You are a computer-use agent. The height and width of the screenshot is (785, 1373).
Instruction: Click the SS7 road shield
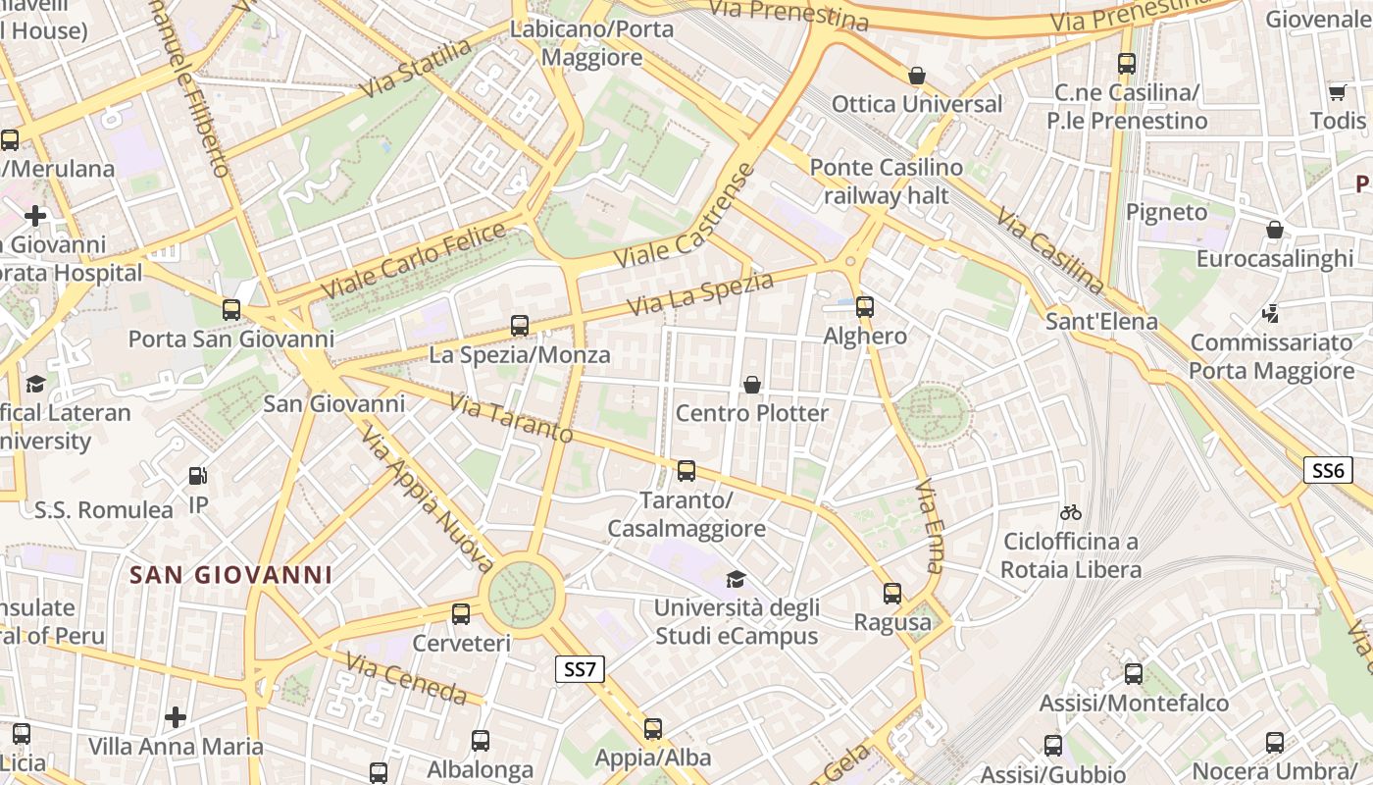click(580, 669)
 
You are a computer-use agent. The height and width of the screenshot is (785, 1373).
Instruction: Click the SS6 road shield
click(1327, 470)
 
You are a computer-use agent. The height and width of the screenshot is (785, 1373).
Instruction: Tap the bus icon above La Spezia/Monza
click(520, 326)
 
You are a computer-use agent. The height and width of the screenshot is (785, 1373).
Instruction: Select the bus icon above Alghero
click(864, 307)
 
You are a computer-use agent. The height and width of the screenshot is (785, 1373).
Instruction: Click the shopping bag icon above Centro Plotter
click(752, 385)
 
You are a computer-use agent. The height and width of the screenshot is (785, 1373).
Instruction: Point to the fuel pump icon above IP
click(198, 477)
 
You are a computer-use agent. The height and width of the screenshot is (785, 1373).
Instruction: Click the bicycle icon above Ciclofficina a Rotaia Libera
click(1070, 512)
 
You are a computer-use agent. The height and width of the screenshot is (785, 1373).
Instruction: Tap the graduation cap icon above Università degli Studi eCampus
click(736, 580)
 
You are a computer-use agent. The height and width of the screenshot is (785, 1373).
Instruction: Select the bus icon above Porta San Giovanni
click(231, 310)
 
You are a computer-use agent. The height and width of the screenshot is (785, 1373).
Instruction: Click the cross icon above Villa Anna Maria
click(176, 717)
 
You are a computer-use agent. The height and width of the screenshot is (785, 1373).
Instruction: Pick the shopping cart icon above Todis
click(1337, 93)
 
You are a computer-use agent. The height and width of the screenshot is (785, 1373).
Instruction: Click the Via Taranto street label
click(511, 418)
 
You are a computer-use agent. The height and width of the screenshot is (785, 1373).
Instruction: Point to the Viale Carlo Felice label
click(415, 262)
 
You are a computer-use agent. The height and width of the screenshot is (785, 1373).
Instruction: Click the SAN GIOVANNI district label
click(231, 575)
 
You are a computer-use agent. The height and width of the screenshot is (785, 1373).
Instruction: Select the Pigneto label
click(1166, 212)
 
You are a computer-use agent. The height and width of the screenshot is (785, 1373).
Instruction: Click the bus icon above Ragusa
click(891, 594)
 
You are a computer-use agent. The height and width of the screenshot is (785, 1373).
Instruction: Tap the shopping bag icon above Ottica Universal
click(917, 76)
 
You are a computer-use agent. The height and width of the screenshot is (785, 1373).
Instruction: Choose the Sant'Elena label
click(1101, 321)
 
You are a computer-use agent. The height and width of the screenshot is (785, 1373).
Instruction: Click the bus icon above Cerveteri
click(461, 615)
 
